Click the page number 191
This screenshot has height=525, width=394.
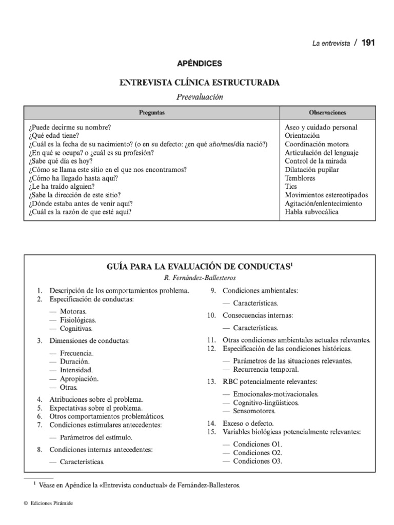(368, 43)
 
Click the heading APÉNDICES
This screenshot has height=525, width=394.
(200, 64)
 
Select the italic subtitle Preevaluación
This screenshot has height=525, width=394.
(200, 96)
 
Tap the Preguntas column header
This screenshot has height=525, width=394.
(152, 112)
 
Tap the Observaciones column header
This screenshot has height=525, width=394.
(327, 112)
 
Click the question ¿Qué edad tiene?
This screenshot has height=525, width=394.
(54, 136)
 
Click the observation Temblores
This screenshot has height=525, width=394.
(300, 178)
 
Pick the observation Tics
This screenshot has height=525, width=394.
(290, 187)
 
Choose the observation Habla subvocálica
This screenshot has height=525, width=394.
(311, 212)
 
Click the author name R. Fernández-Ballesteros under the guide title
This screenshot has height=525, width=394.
(200, 277)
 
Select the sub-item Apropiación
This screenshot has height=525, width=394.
(79, 378)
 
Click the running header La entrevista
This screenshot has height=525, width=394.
(331, 44)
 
